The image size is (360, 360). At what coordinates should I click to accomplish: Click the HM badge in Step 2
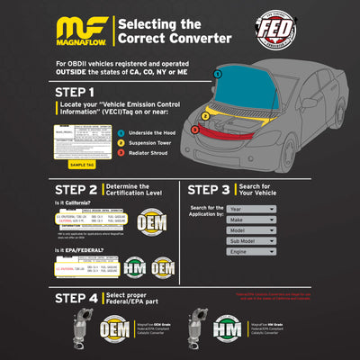[135, 267]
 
